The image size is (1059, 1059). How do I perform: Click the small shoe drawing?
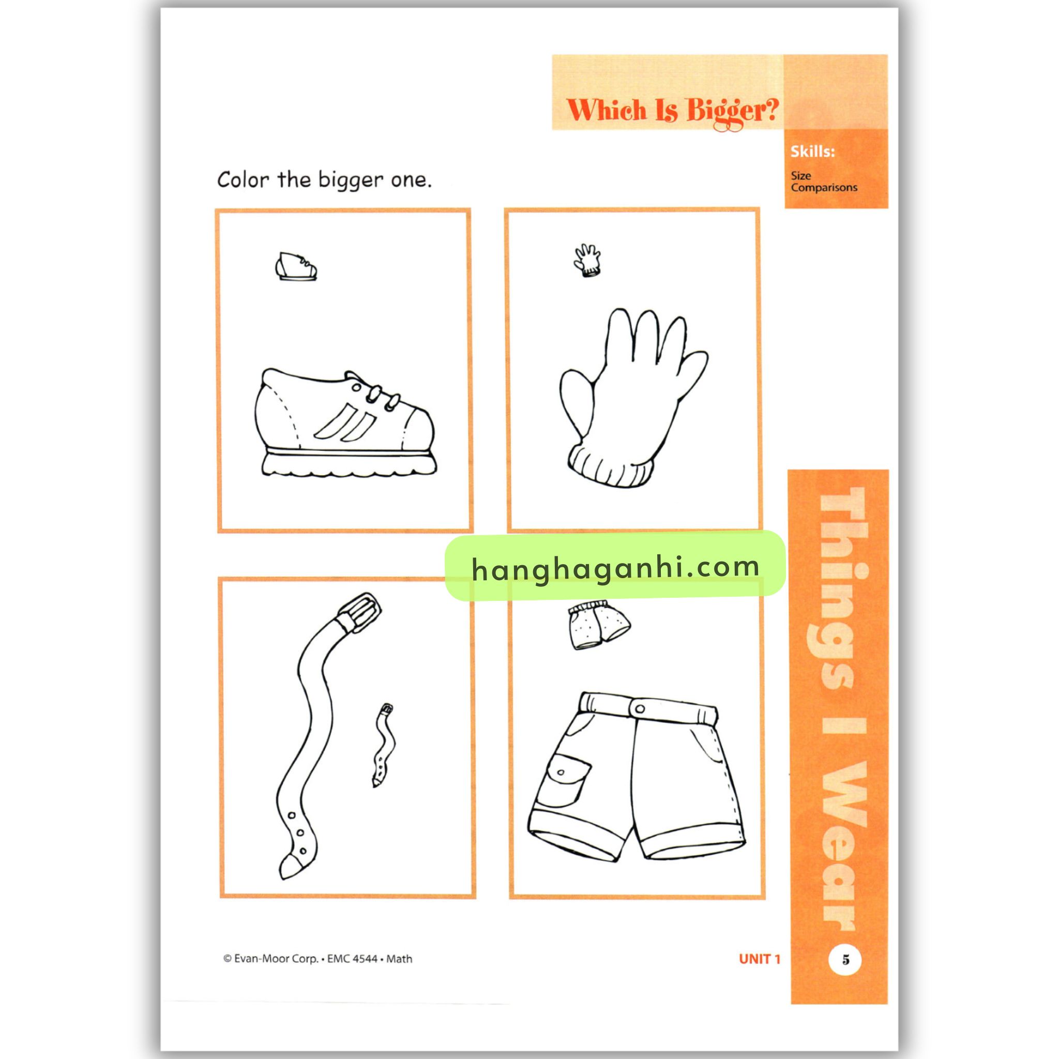tap(296, 267)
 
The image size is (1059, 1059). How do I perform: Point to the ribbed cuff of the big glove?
tap(610, 466)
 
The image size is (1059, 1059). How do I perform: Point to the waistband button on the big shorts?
tap(640, 708)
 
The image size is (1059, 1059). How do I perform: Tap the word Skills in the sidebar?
tap(812, 152)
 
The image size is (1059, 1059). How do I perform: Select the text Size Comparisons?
tap(824, 181)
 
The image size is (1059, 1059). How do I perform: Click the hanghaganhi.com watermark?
tap(615, 567)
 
